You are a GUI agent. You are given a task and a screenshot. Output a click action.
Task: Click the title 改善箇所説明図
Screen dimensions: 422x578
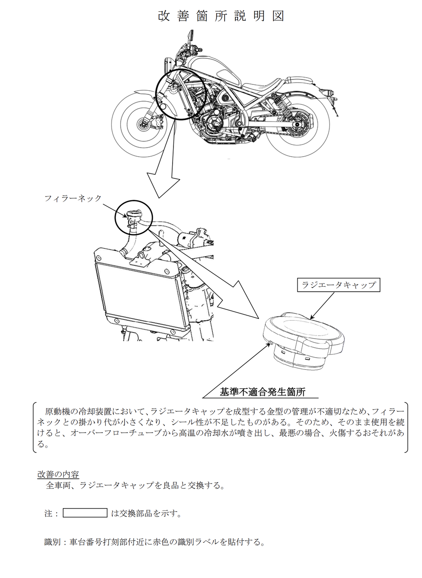(221, 16)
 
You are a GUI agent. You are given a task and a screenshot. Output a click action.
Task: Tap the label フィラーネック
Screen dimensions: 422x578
(73, 198)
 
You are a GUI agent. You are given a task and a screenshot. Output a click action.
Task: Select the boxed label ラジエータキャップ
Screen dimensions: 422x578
(338, 285)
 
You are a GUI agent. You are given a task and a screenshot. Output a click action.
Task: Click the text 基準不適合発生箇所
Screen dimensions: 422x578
(263, 392)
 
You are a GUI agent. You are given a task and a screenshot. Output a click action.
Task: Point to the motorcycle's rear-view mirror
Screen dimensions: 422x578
(191, 34)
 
